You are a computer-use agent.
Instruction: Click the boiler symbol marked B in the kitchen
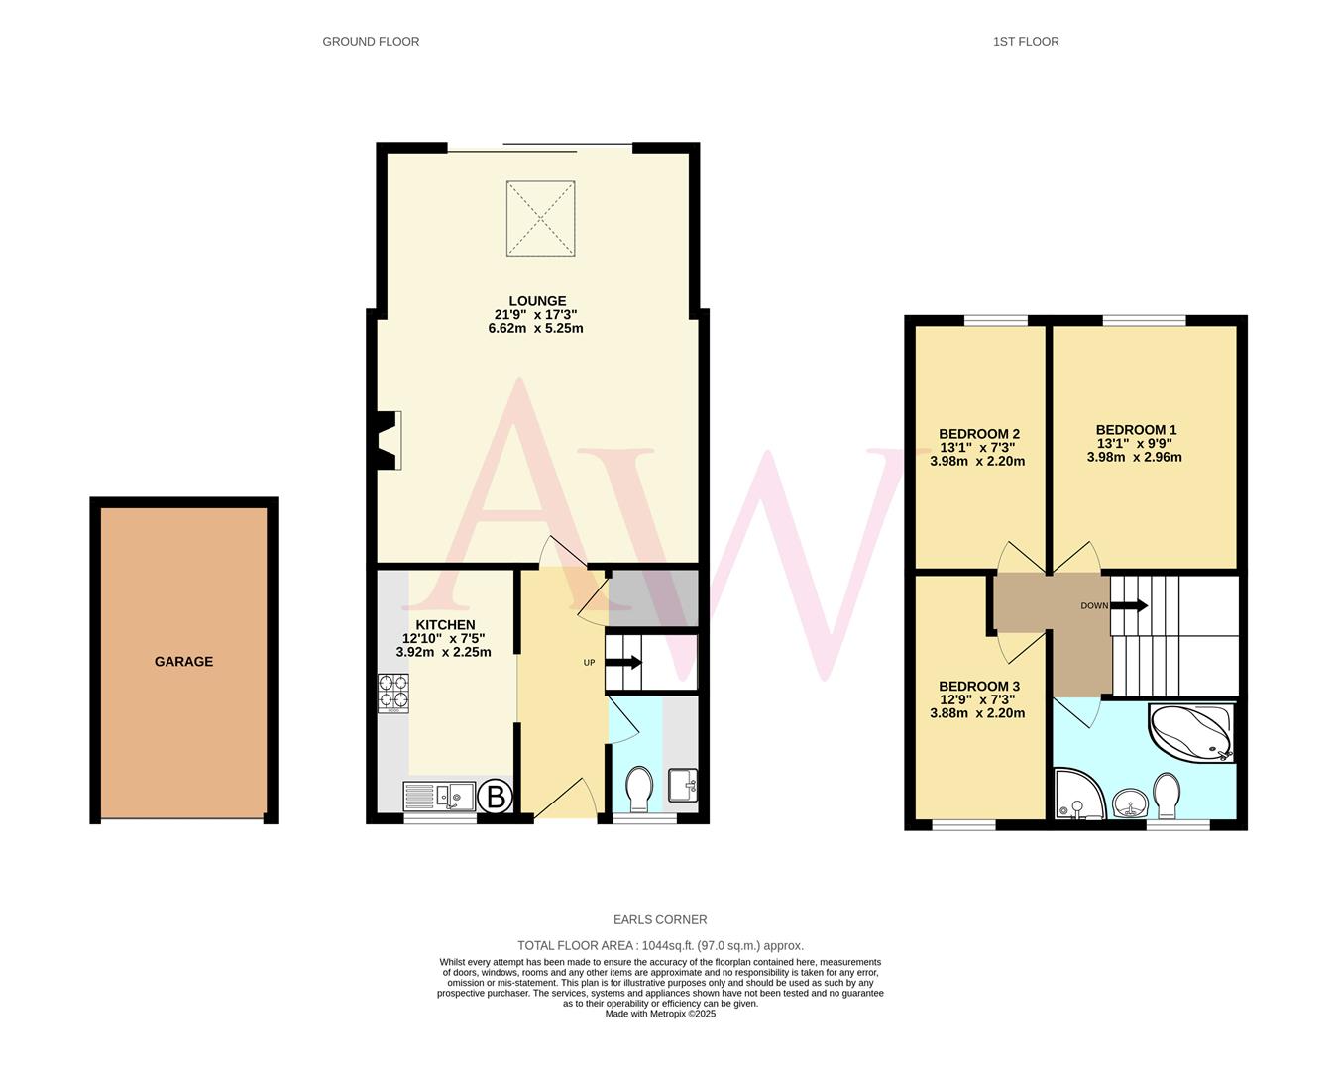click(x=497, y=795)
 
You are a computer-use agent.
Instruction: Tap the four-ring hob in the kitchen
click(x=392, y=693)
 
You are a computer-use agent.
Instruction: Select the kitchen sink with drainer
click(x=439, y=796)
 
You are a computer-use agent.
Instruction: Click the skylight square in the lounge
click(x=540, y=218)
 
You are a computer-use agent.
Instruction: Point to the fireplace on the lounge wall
click(x=388, y=440)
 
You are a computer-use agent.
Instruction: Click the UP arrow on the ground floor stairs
click(x=623, y=663)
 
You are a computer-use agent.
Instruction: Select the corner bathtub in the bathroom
click(x=1192, y=733)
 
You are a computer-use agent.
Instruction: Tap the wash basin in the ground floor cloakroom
click(x=684, y=785)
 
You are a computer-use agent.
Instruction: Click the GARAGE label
click(x=183, y=662)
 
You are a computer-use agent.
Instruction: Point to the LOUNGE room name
click(x=537, y=301)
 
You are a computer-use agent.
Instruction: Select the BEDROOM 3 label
click(x=978, y=687)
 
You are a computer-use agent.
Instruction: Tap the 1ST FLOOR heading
click(x=1026, y=42)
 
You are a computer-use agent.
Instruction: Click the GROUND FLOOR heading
click(x=371, y=42)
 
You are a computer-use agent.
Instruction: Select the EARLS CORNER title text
click(x=660, y=920)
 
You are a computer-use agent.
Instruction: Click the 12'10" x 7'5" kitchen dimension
click(x=443, y=639)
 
